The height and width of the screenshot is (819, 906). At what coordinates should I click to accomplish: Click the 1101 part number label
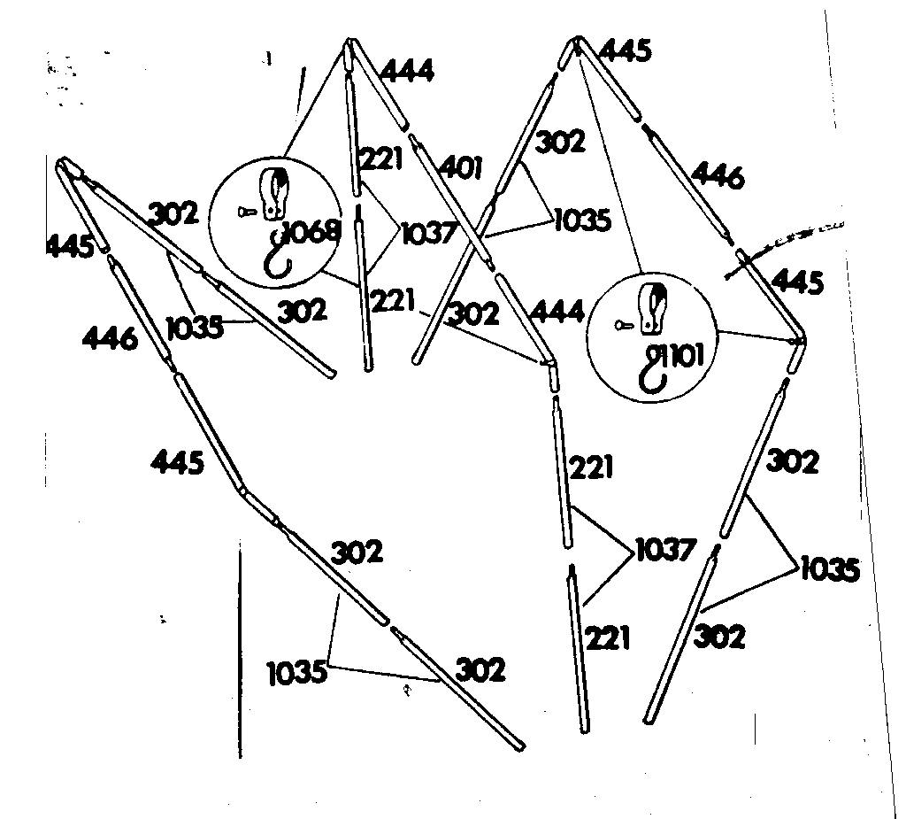684,357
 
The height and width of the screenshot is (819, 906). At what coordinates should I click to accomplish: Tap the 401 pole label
460,168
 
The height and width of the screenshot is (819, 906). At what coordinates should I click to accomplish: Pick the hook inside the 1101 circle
655,368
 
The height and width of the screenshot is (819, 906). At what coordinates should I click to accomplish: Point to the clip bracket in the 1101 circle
651,309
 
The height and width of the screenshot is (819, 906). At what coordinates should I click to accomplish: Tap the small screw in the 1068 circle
247,212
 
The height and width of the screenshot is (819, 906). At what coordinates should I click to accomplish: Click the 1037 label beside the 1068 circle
429,233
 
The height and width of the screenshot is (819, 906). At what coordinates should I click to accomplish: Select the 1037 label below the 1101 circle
665,550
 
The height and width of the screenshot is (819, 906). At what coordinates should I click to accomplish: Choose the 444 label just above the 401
407,72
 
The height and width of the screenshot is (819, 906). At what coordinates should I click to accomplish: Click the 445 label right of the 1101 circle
797,282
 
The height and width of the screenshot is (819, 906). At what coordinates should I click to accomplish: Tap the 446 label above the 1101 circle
718,175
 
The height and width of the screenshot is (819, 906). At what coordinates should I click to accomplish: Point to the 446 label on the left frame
110,337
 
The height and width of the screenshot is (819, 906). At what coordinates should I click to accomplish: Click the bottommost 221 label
607,638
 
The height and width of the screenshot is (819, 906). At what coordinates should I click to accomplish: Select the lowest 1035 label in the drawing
297,673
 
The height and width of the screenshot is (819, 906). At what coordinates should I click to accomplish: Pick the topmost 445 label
626,50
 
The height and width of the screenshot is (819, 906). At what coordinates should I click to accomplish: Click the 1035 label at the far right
830,569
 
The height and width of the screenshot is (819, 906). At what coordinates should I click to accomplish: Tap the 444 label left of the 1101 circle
557,313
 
